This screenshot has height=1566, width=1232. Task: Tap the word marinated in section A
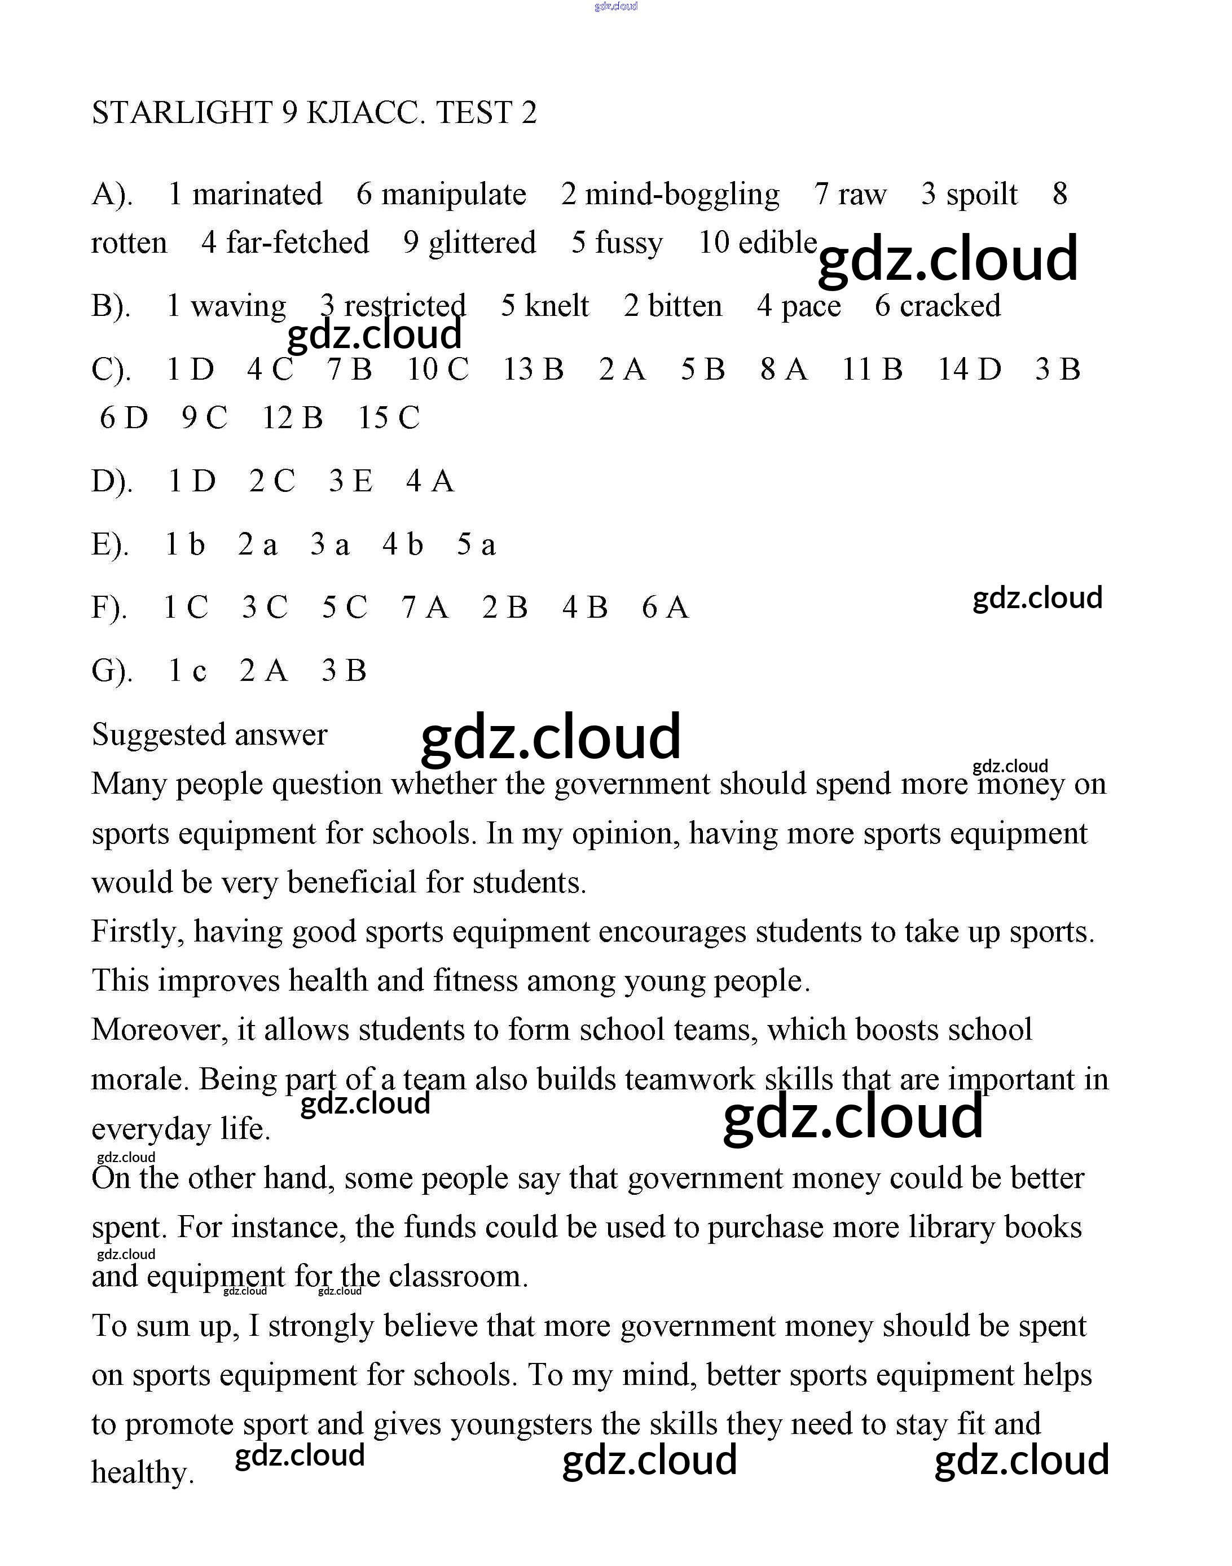click(257, 194)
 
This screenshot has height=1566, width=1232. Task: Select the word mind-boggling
click(681, 195)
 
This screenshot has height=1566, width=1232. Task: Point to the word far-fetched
click(297, 243)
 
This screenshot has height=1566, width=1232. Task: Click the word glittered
click(482, 243)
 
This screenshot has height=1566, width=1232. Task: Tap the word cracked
click(950, 306)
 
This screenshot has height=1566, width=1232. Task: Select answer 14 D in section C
click(970, 369)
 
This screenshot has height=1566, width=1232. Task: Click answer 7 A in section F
click(425, 608)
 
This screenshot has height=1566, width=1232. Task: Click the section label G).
click(112, 671)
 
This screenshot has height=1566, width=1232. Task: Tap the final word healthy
click(142, 1472)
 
